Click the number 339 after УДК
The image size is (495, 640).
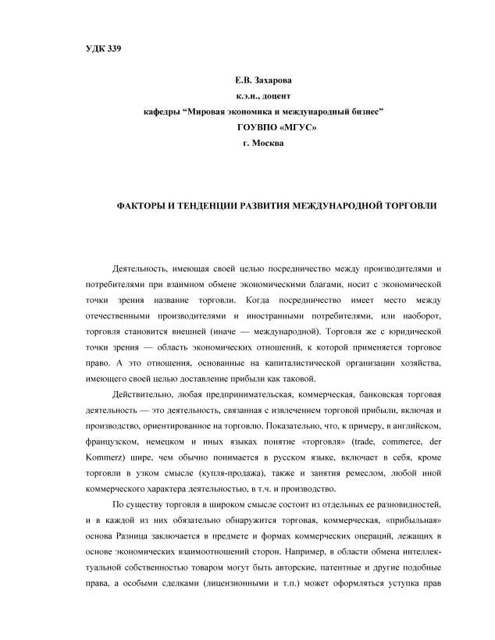pyautogui.click(x=113, y=50)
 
